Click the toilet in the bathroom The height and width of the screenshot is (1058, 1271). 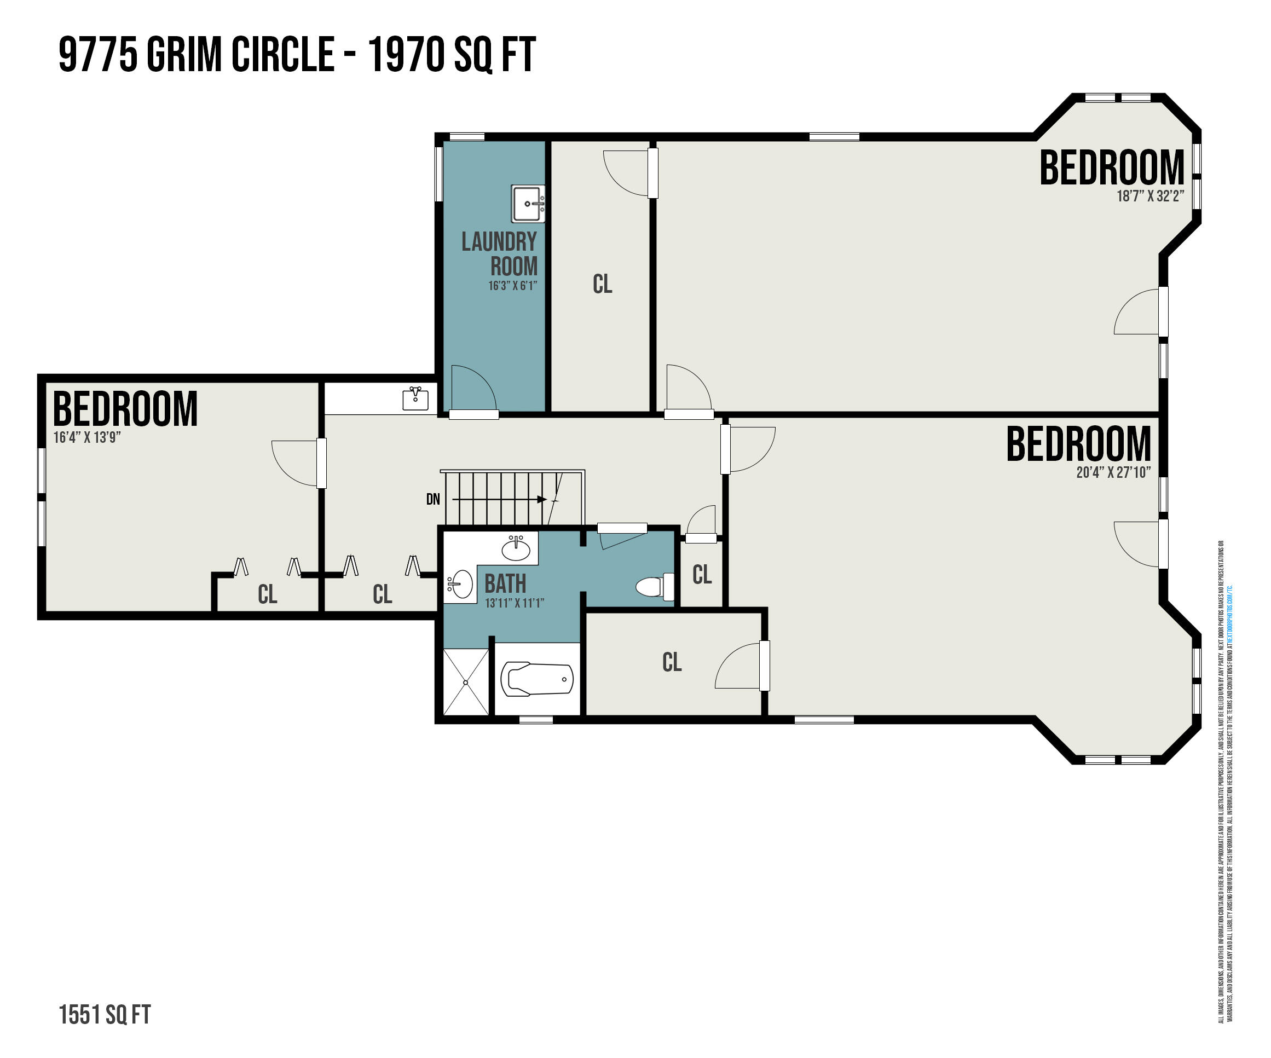(654, 586)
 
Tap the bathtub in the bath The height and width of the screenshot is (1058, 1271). (537, 679)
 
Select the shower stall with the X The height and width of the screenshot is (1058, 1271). (466, 682)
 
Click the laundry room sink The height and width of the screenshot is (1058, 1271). (528, 204)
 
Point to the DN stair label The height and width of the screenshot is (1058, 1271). (433, 499)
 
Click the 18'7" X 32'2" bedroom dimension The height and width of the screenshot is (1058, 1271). (1150, 196)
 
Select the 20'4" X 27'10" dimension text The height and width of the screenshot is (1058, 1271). (1113, 472)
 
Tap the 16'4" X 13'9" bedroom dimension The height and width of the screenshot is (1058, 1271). (87, 437)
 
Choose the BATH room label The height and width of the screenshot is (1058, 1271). (505, 584)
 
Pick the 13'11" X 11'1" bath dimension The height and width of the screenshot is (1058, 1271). (515, 603)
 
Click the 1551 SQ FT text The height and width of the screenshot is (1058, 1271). (105, 1015)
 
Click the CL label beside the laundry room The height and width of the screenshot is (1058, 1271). (602, 284)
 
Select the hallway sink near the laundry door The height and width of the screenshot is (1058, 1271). (415, 398)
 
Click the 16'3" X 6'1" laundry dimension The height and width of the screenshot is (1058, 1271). (513, 286)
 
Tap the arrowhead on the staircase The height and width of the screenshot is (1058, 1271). (542, 499)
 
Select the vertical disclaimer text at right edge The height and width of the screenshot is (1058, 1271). (1226, 781)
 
